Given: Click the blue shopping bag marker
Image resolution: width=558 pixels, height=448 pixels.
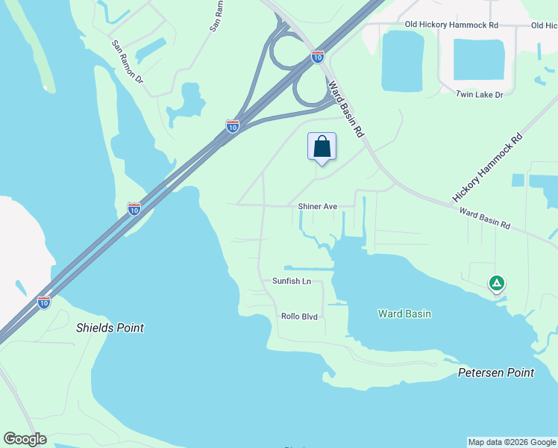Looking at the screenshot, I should [322, 146].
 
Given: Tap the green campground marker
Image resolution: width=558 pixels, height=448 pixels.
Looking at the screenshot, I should [496, 284].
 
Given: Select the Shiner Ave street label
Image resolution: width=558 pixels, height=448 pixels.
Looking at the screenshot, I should [318, 206].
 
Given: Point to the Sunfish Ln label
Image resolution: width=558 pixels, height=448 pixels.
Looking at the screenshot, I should [291, 281].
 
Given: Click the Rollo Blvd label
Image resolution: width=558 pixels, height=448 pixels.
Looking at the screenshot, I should [299, 317].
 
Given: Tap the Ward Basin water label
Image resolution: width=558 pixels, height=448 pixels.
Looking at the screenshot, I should [404, 314].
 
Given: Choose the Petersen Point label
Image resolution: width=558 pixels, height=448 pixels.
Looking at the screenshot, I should [496, 372].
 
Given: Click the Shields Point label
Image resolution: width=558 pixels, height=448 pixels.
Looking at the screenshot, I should [110, 328].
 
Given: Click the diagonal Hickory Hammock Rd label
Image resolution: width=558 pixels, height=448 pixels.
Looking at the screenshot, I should [487, 169].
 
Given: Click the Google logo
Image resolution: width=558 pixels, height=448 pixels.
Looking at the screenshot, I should [25, 439].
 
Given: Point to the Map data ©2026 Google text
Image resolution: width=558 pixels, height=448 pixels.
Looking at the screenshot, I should [512, 442].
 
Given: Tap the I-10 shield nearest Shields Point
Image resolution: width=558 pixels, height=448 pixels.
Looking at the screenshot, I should [44, 302].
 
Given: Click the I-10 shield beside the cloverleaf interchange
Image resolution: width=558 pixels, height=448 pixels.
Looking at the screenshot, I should [318, 56].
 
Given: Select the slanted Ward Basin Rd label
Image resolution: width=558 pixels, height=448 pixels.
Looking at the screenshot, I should [346, 109].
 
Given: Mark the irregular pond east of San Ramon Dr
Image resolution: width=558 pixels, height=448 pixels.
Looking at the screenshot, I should [186, 105].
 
